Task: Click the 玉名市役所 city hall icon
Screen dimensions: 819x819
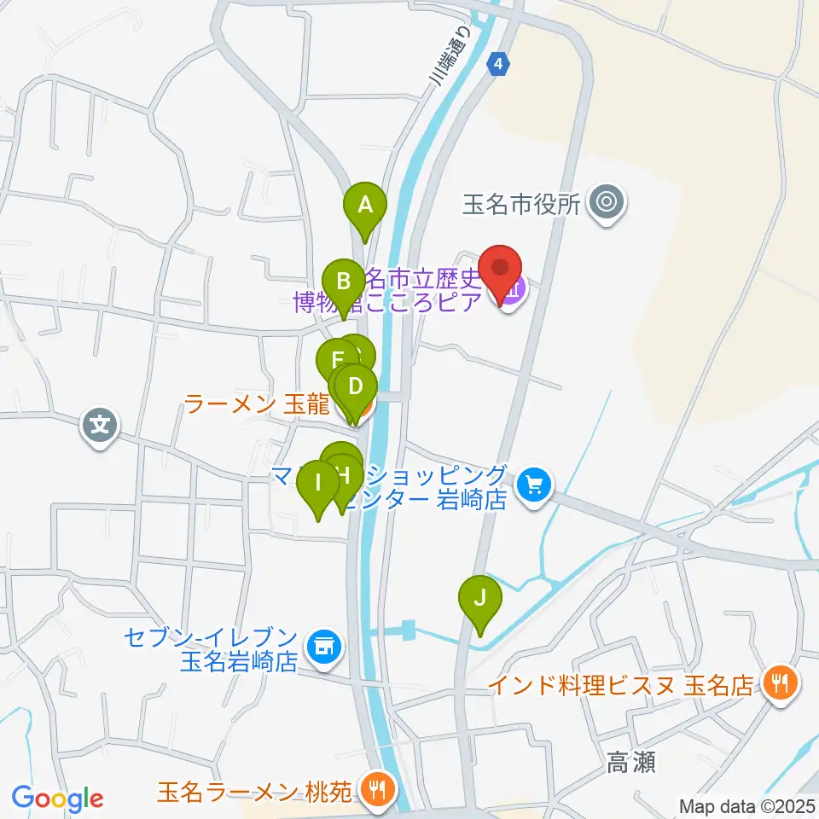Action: (607, 203)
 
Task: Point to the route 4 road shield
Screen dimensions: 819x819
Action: (499, 64)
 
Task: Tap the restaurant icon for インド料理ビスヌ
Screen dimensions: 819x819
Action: (780, 682)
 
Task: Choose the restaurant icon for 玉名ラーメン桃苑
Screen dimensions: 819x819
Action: (375, 788)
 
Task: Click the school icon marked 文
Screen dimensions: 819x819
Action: (101, 423)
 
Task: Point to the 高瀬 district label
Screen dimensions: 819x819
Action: (630, 762)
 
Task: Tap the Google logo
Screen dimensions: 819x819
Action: (57, 799)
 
